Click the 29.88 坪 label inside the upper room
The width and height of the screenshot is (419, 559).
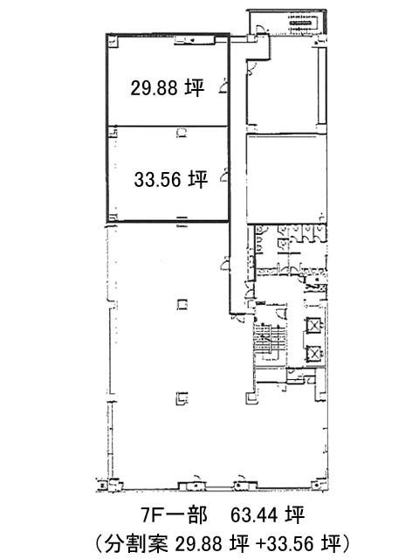coord(167,87)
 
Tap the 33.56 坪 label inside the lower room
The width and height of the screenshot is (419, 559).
coord(171,179)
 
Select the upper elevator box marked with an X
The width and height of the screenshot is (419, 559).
coord(314,325)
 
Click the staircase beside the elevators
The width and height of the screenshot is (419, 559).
coord(270,342)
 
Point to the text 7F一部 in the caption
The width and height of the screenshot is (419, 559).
coord(175,514)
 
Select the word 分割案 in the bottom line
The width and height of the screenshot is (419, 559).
coord(136,543)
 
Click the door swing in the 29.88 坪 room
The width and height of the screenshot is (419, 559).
coord(223,87)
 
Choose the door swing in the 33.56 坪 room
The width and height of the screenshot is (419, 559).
coord(223,176)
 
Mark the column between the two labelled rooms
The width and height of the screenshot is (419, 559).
coord(182,133)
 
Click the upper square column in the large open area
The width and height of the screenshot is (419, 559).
coord(182,305)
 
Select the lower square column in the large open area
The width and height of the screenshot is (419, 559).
coord(182,398)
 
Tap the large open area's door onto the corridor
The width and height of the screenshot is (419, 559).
coord(224,263)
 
